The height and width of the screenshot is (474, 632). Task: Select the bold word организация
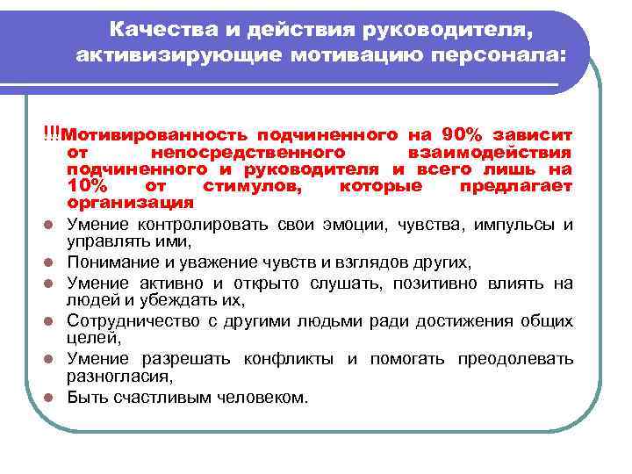click(130, 202)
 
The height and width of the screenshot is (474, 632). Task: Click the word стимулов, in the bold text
click(246, 185)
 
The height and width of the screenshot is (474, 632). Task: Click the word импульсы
click(512, 224)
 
